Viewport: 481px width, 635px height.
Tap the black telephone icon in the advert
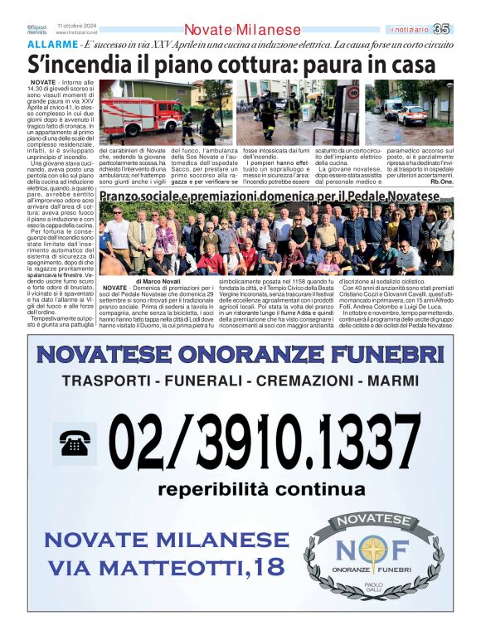(x=75, y=444)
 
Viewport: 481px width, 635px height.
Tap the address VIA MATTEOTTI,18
(x=166, y=567)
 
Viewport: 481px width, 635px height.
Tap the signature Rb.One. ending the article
(x=441, y=181)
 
